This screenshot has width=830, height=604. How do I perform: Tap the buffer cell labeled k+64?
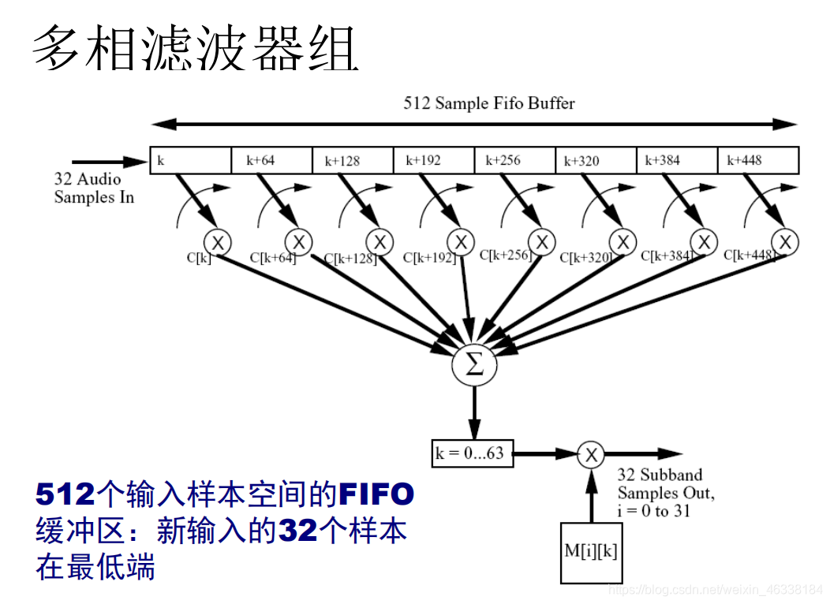tap(272, 160)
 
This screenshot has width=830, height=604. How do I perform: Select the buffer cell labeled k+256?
tap(515, 160)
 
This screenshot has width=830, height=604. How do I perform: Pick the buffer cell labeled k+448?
tap(757, 160)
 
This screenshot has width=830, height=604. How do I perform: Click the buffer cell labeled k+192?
tap(434, 160)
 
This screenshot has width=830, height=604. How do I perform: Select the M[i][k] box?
tap(590, 551)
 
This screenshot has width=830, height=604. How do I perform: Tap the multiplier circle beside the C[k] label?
tap(217, 241)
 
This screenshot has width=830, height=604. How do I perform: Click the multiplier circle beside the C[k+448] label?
tap(785, 241)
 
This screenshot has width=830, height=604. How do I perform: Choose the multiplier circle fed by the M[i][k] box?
tap(590, 454)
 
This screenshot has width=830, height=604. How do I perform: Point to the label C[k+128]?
tap(350, 258)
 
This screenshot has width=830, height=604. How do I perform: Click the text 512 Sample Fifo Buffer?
tap(489, 103)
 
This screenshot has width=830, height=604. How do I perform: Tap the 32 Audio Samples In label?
tap(94, 188)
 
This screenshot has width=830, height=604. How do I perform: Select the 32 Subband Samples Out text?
tap(665, 484)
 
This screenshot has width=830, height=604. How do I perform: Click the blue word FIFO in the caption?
tap(376, 495)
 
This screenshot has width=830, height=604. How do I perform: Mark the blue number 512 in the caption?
tap(65, 495)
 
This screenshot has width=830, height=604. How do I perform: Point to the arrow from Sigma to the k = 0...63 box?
tap(474, 413)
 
